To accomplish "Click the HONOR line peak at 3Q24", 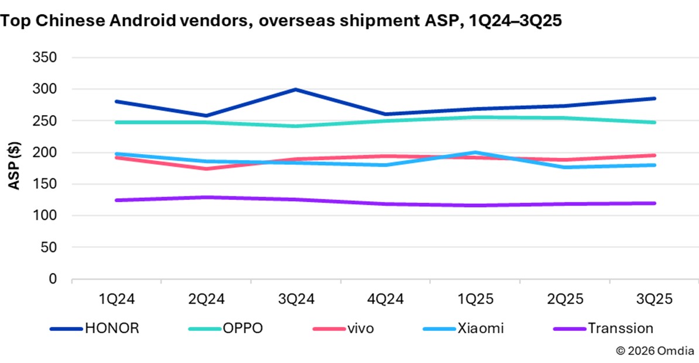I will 296,89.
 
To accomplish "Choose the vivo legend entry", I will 359,328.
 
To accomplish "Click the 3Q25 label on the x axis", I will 655,299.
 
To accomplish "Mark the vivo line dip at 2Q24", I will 206,168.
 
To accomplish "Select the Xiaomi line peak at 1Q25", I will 475,153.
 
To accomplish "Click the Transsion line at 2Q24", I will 206,198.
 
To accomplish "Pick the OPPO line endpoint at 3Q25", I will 655,122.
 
